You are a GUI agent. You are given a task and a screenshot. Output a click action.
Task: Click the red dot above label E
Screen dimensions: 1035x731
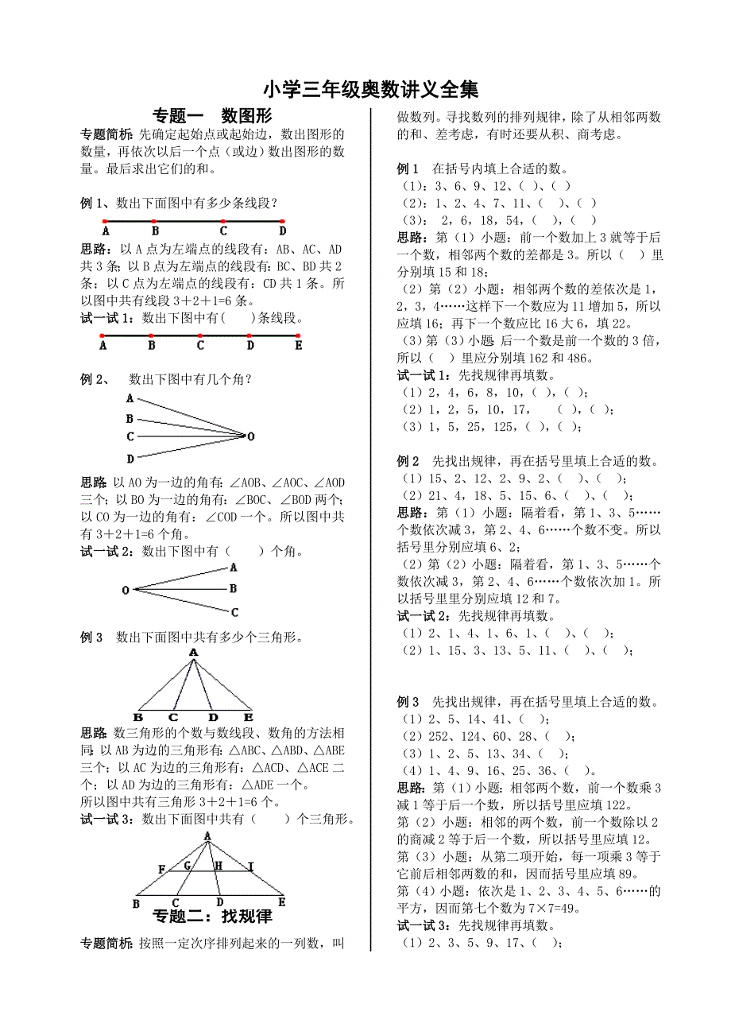click(x=299, y=335)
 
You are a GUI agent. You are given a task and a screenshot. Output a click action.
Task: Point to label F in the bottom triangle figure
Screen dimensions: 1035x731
click(x=161, y=869)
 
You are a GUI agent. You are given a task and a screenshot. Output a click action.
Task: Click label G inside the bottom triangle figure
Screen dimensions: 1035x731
click(x=188, y=865)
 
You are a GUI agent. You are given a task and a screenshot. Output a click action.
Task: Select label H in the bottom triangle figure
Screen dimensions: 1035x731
click(x=218, y=865)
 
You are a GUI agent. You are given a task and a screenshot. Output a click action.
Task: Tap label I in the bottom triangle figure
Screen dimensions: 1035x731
click(x=250, y=865)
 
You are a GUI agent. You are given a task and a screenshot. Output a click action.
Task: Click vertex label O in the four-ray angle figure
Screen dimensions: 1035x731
click(x=251, y=436)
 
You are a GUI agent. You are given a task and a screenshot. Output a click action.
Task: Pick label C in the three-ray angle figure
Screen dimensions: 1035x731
click(x=234, y=612)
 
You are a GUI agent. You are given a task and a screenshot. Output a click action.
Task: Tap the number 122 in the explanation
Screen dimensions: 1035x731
click(x=617, y=805)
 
